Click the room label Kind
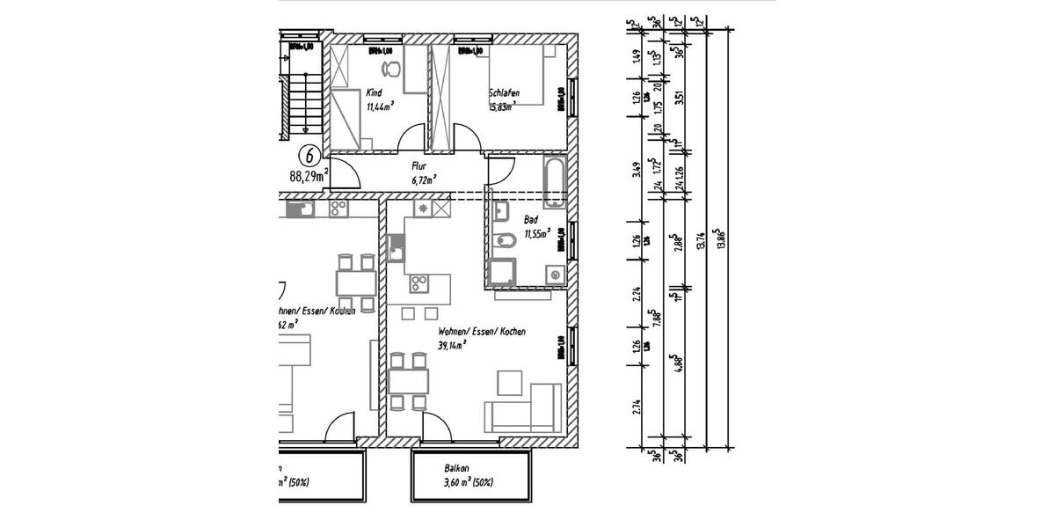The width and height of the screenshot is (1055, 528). pos(375,92)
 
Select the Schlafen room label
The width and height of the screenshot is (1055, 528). pos(504,92)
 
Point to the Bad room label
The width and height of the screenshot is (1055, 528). pos(532,220)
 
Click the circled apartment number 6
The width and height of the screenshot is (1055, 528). pos(309,154)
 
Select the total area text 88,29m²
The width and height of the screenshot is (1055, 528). pos(309,175)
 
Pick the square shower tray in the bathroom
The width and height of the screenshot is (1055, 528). pos(502,274)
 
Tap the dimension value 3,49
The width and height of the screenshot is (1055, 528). pos(637,169)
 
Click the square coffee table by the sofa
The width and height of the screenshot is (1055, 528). pos(510,383)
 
